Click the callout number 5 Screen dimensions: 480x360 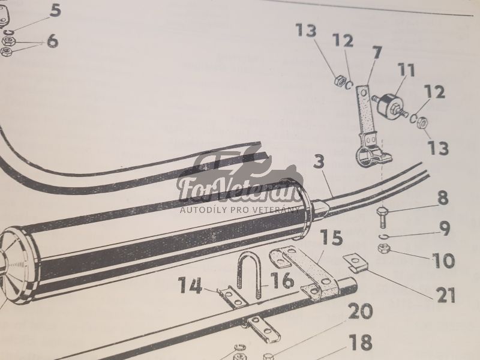point(55,10)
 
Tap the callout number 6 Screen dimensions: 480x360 point(53,40)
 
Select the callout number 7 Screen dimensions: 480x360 point(377,52)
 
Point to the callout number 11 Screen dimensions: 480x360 point(406,70)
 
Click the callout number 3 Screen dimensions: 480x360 point(319,161)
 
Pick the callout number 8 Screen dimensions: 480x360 point(443,198)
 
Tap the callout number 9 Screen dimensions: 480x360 point(445,229)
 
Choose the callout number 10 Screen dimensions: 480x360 point(443,260)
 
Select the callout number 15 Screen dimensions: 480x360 point(332,238)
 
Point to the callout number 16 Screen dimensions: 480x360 point(282,280)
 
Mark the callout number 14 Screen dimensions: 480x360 point(190,285)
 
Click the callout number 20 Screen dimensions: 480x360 point(360,311)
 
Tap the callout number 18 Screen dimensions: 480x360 point(361,342)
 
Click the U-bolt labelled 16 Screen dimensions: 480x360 point(249,275)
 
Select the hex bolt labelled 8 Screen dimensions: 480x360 point(382,217)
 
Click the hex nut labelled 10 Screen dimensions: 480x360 point(383,248)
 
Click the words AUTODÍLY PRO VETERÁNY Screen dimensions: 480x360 point(239,209)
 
